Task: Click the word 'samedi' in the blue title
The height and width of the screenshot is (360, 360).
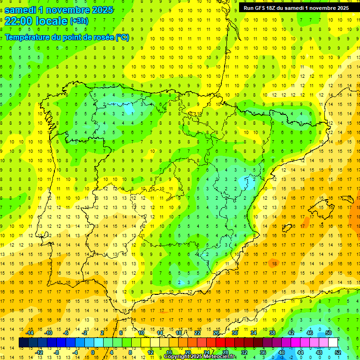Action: click(21, 10)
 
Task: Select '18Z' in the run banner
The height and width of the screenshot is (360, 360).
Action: click(273, 8)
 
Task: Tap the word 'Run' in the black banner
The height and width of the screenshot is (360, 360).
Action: click(249, 8)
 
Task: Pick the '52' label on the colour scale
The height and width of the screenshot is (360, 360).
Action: click(338, 352)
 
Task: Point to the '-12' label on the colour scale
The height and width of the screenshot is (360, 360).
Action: click(39, 352)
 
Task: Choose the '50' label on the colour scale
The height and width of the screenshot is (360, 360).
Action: click(329, 333)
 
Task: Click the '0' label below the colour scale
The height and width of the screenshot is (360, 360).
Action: click(93, 352)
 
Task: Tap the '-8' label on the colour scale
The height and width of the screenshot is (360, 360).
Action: click(57, 352)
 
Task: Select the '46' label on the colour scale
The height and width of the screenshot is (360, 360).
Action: click(309, 333)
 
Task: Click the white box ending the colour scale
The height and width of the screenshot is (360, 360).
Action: click(333, 343)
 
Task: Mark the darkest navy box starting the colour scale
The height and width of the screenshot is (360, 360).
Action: click(23, 343)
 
